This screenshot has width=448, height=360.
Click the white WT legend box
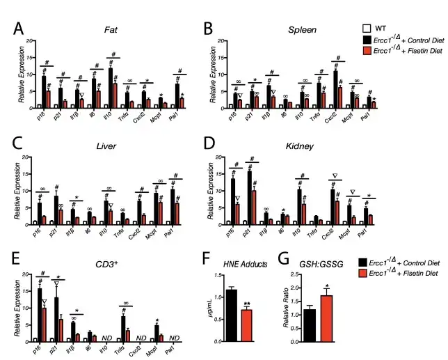[366, 29]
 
